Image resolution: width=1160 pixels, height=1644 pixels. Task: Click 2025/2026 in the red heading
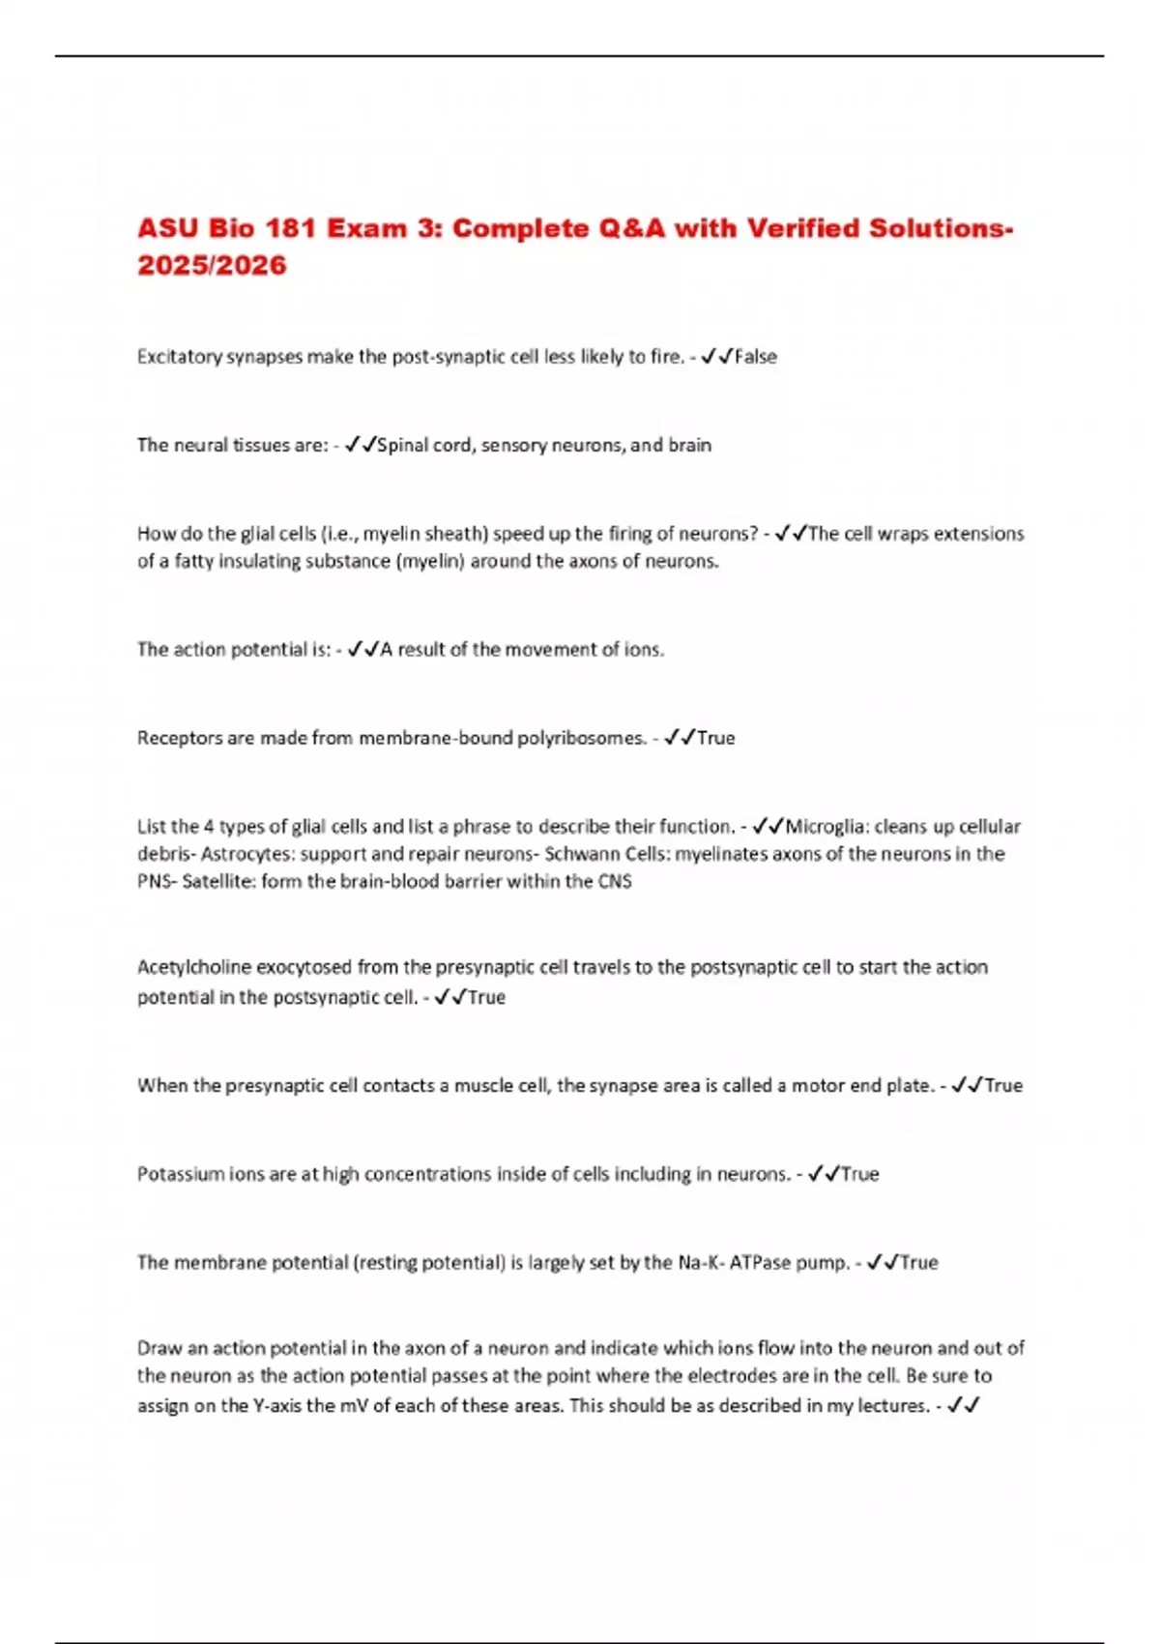click(212, 266)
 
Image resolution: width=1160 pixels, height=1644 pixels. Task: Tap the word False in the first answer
click(756, 357)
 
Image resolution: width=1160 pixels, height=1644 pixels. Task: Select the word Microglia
click(823, 827)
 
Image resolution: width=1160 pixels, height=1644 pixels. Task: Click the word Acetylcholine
click(194, 967)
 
